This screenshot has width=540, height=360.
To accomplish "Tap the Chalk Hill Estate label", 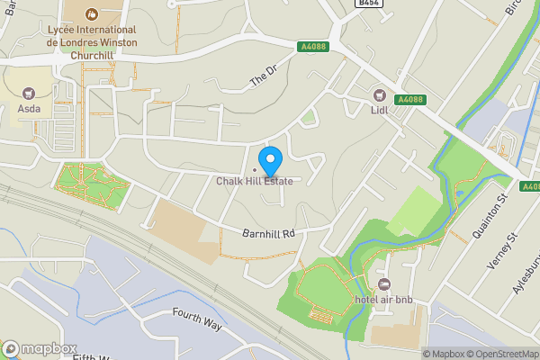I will pyautogui.click(x=255, y=181).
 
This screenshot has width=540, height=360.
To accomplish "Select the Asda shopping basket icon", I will pyautogui.click(x=28, y=93).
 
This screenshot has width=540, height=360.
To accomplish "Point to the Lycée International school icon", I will pyautogui.click(x=91, y=14).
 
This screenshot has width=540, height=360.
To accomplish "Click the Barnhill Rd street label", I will pyautogui.click(x=268, y=233).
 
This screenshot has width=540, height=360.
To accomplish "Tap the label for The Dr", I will pyautogui.click(x=260, y=80).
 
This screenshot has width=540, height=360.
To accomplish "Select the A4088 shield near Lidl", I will pyautogui.click(x=409, y=99).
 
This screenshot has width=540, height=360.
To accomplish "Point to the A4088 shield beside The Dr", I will pyautogui.click(x=311, y=45).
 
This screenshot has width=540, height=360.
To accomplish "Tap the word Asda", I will pyautogui.click(x=29, y=111).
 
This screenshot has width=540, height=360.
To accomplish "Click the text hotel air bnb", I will pyautogui.click(x=383, y=299).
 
